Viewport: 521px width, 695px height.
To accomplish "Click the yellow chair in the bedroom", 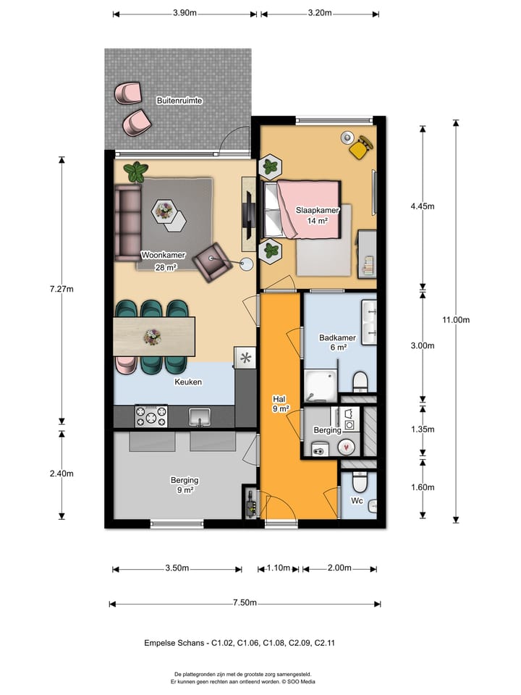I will pyautogui.click(x=360, y=148).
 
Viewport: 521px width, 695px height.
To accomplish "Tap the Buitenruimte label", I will pyautogui.click(x=179, y=101).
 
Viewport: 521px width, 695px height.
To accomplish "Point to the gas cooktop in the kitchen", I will pyautogui.click(x=151, y=416).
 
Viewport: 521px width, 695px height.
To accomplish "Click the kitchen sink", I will pyautogui.click(x=200, y=416).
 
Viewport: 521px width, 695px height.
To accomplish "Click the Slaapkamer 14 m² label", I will pyautogui.click(x=316, y=215).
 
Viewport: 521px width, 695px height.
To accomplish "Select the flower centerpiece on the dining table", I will pyautogui.click(x=152, y=336).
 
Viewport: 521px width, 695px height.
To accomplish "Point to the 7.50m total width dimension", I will pyautogui.click(x=244, y=604).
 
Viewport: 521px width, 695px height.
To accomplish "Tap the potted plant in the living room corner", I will pyautogui.click(x=135, y=172).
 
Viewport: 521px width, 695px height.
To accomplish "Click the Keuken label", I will pyautogui.click(x=187, y=382).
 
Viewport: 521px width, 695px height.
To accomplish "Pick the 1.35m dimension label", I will pyautogui.click(x=422, y=429).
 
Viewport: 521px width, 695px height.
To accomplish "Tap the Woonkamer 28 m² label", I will pyautogui.click(x=163, y=261).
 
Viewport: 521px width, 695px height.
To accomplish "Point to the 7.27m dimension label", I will pyautogui.click(x=62, y=289).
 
